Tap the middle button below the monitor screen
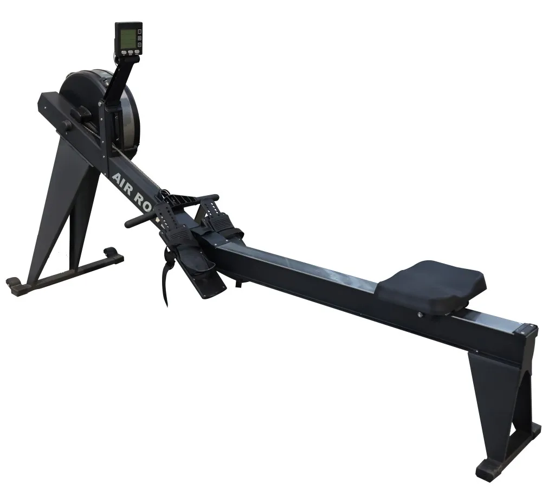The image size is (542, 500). pyautogui.click(x=130, y=53)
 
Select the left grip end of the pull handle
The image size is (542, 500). pyautogui.click(x=132, y=222)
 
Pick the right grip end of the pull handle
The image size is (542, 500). pyautogui.click(x=211, y=198)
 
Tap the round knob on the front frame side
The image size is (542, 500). pyautogui.click(x=66, y=125)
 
